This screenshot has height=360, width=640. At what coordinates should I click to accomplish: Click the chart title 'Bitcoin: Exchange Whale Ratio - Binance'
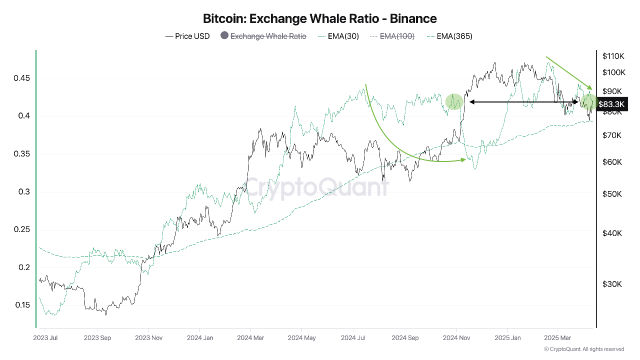tap(319, 19)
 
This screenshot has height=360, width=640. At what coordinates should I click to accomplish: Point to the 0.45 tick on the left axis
tap(21, 78)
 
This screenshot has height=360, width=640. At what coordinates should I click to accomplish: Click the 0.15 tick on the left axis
tap(21, 305)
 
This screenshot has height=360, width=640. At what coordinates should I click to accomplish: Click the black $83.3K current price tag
tap(611, 104)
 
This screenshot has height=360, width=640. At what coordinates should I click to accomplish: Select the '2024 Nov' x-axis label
tap(456, 338)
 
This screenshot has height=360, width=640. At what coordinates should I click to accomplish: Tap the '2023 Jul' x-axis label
tap(45, 338)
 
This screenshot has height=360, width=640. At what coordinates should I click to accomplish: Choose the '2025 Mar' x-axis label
tap(557, 338)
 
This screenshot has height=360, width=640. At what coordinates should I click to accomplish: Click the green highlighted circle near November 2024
tap(454, 101)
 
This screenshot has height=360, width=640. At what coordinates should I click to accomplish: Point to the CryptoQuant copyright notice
tap(583, 349)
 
